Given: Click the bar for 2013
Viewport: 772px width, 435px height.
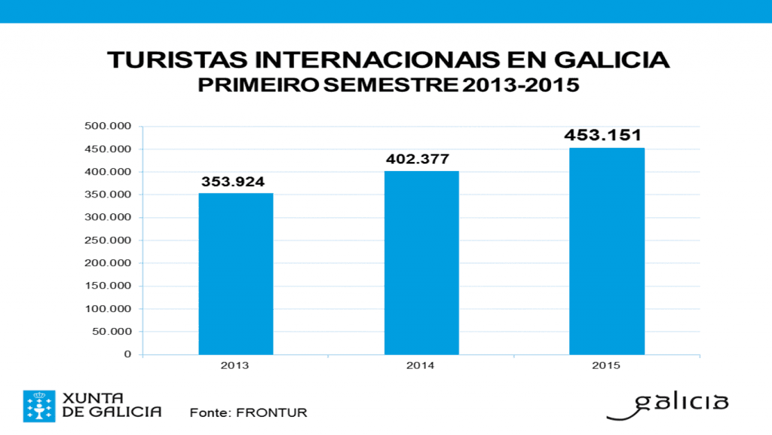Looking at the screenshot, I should point(236,274).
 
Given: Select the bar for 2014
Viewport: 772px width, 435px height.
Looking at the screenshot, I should point(421,262).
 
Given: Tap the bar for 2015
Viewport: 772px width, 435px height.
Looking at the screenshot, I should point(606,251).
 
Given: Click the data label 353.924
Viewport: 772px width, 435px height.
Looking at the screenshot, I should point(233,182).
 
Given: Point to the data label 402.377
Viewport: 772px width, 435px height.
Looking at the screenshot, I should point(417,159).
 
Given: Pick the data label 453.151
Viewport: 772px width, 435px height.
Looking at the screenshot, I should point(603,136).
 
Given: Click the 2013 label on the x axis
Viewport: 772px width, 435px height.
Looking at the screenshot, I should point(235,366).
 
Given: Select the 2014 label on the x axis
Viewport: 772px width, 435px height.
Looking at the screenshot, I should point(421,366).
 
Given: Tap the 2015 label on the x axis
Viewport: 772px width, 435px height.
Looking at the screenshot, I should point(606,366).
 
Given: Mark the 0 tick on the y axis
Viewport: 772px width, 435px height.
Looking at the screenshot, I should point(127,354).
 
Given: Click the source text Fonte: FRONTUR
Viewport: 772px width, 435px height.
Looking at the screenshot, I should point(249,412).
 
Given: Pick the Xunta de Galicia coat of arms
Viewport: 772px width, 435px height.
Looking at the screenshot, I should point(38,406).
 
